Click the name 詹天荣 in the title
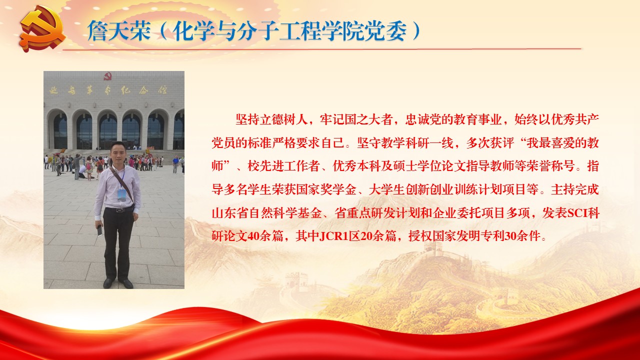tap(119, 30)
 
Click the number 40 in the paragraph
tap(252, 236)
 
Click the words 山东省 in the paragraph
tap(230, 213)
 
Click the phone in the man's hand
tap(99, 230)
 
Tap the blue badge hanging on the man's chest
tap(121, 194)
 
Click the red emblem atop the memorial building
tap(107, 76)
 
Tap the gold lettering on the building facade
tap(108, 90)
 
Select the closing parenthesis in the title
tap(416, 30)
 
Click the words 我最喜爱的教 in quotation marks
tap(562, 143)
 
